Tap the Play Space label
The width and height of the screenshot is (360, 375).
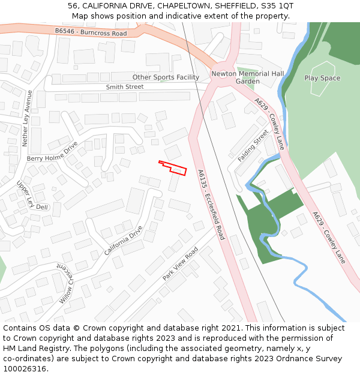pos(322,78)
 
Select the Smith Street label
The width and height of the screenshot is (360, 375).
pos(125,87)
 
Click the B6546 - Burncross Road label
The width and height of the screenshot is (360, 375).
pos(91,32)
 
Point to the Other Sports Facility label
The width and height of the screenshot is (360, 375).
pos(166,77)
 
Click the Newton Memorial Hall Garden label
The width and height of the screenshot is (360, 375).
pos(247,77)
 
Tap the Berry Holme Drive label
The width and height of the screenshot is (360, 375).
pos(53,152)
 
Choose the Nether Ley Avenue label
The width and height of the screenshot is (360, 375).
pos(26,118)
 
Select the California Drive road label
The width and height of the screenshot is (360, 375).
pos(124,240)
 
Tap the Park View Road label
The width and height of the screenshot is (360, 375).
pos(180,264)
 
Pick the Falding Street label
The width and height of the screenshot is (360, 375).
pos(253,146)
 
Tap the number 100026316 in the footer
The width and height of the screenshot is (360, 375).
pos(25,369)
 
